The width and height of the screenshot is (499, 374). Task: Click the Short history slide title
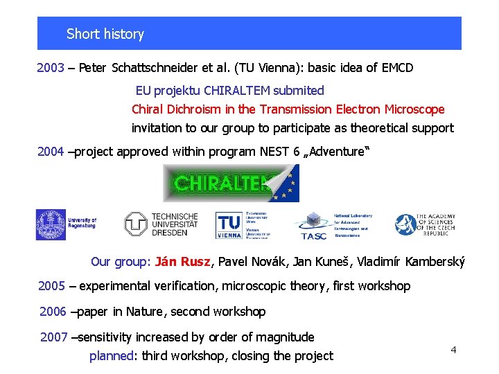tap(105, 34)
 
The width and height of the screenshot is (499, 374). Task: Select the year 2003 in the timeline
tap(51, 68)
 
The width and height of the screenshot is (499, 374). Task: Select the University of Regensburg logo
tap(67, 224)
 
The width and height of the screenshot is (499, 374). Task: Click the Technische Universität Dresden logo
tap(161, 224)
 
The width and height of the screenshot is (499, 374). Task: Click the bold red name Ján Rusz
tap(184, 262)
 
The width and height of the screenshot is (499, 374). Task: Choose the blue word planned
tap(112, 356)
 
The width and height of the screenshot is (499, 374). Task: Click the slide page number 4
tap(453, 350)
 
